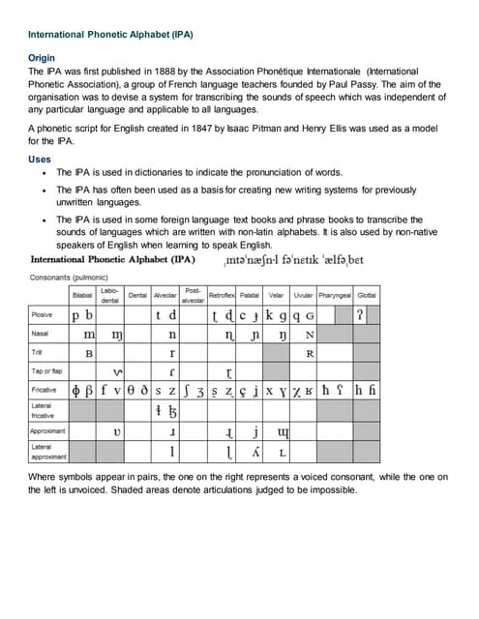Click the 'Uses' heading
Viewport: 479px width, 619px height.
40,160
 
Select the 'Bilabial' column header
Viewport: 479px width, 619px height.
83,294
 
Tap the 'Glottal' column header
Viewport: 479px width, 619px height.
367,294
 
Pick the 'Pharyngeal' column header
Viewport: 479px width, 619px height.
332,294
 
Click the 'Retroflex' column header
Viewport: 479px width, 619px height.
225,294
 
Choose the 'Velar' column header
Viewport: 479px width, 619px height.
275,294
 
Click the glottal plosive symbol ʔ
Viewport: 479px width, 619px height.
360,315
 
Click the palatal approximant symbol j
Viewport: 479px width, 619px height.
256,431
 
